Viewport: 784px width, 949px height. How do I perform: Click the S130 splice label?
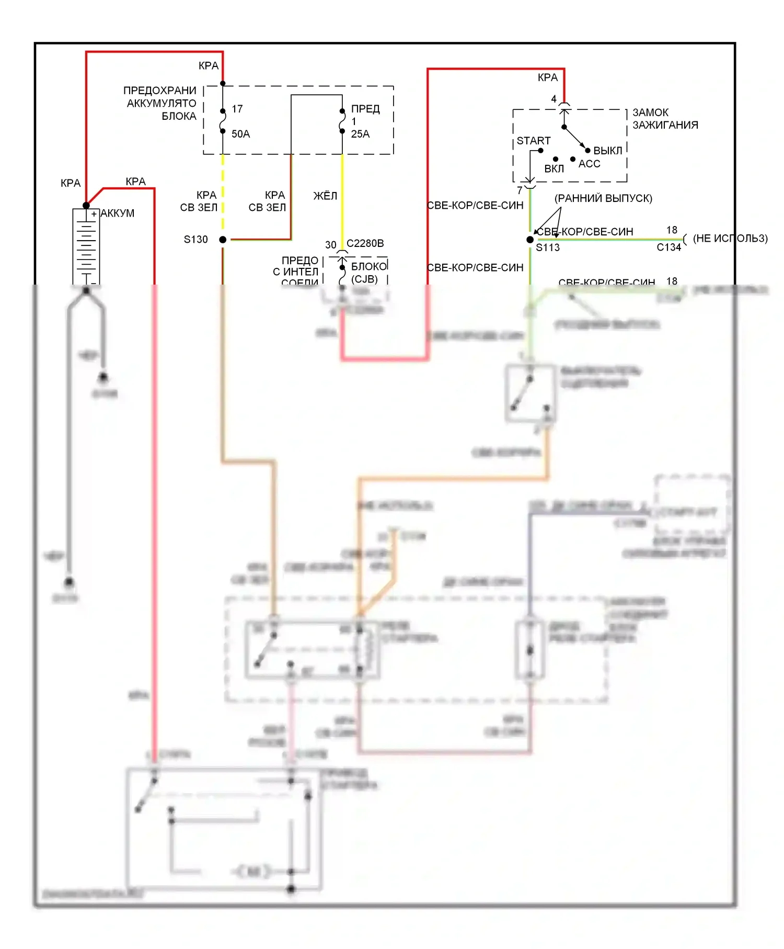[195, 240]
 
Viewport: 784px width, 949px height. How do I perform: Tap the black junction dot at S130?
[223, 240]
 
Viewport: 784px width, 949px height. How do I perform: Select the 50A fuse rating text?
[240, 134]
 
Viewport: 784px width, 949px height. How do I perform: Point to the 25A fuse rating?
[360, 134]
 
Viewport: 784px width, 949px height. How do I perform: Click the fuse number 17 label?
[237, 109]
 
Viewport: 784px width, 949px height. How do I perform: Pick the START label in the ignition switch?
[533, 141]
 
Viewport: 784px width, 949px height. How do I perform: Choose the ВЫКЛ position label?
[607, 151]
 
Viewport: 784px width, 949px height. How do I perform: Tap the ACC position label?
[589, 164]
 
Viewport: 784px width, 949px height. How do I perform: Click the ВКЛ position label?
[554, 168]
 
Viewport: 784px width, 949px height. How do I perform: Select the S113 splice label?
[547, 247]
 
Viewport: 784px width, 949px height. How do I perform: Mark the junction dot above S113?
[530, 240]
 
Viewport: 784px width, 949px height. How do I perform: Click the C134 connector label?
[668, 247]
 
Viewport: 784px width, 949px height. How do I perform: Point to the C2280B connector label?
[365, 243]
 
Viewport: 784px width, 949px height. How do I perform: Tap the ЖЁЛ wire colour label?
[325, 196]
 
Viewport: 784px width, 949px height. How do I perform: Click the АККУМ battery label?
[118, 213]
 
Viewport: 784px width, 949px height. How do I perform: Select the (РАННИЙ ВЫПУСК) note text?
[603, 198]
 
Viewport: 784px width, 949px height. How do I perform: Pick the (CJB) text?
[364, 279]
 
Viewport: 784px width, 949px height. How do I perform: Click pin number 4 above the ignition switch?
[554, 99]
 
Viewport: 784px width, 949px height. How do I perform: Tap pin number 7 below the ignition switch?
[520, 190]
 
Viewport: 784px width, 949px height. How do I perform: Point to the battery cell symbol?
[86, 246]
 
